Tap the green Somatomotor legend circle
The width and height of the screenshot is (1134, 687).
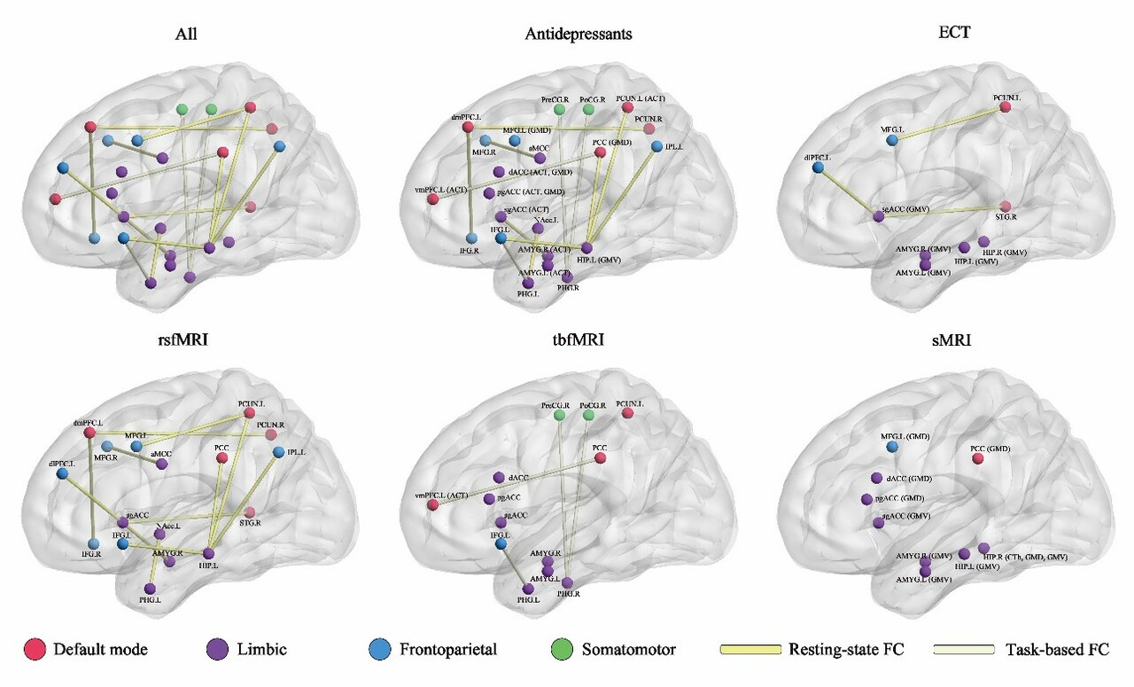[564, 649]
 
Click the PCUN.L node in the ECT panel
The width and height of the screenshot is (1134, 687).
[1005, 107]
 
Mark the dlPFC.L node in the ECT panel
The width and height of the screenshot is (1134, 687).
[818, 168]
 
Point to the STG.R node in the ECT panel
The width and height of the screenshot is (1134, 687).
[1005, 207]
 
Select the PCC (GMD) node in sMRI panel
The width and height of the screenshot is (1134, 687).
[977, 458]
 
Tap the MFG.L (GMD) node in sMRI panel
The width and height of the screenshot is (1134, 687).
[892, 448]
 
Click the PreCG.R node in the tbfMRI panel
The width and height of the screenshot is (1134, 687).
[559, 415]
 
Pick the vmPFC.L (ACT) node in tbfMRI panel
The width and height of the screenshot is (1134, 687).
[433, 505]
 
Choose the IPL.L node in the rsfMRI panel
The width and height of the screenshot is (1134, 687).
[279, 453]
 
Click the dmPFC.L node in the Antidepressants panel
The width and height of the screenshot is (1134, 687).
[467, 128]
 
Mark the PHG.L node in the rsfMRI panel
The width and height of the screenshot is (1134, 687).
[150, 589]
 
